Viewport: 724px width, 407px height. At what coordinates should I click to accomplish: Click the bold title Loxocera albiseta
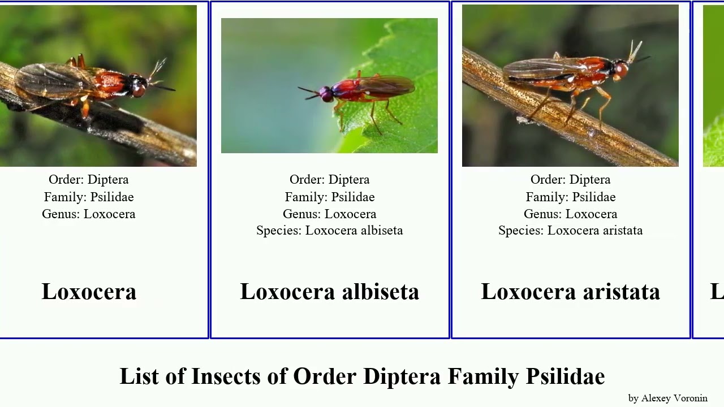coord(329,292)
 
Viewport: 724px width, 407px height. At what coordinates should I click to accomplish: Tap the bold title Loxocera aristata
coord(570,292)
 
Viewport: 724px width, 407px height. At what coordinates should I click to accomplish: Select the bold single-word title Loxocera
coord(89,292)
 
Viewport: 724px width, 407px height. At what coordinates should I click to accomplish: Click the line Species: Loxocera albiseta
coord(329,231)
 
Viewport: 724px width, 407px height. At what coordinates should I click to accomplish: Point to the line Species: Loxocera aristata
coord(570,231)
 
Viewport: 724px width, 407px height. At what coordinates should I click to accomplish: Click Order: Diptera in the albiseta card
coord(329,180)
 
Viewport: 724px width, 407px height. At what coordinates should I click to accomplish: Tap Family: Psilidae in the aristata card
coord(570,197)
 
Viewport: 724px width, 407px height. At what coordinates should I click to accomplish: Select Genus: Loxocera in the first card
coord(89,214)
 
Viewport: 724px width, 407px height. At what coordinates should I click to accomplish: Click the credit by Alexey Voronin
coord(667,398)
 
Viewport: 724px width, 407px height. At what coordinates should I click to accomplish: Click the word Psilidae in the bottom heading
coord(565,376)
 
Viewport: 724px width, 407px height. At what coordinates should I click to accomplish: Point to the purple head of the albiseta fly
coord(326,94)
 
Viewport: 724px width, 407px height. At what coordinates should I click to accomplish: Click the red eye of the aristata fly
coord(621,70)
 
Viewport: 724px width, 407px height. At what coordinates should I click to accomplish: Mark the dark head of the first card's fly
coord(137,86)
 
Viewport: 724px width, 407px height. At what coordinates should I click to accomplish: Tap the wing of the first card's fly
coord(51,79)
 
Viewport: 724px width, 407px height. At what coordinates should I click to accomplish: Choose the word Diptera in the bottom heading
coord(402,376)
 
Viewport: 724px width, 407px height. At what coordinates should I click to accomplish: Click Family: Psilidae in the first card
coord(89,197)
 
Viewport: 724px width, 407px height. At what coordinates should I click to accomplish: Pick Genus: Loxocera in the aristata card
coord(570,214)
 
